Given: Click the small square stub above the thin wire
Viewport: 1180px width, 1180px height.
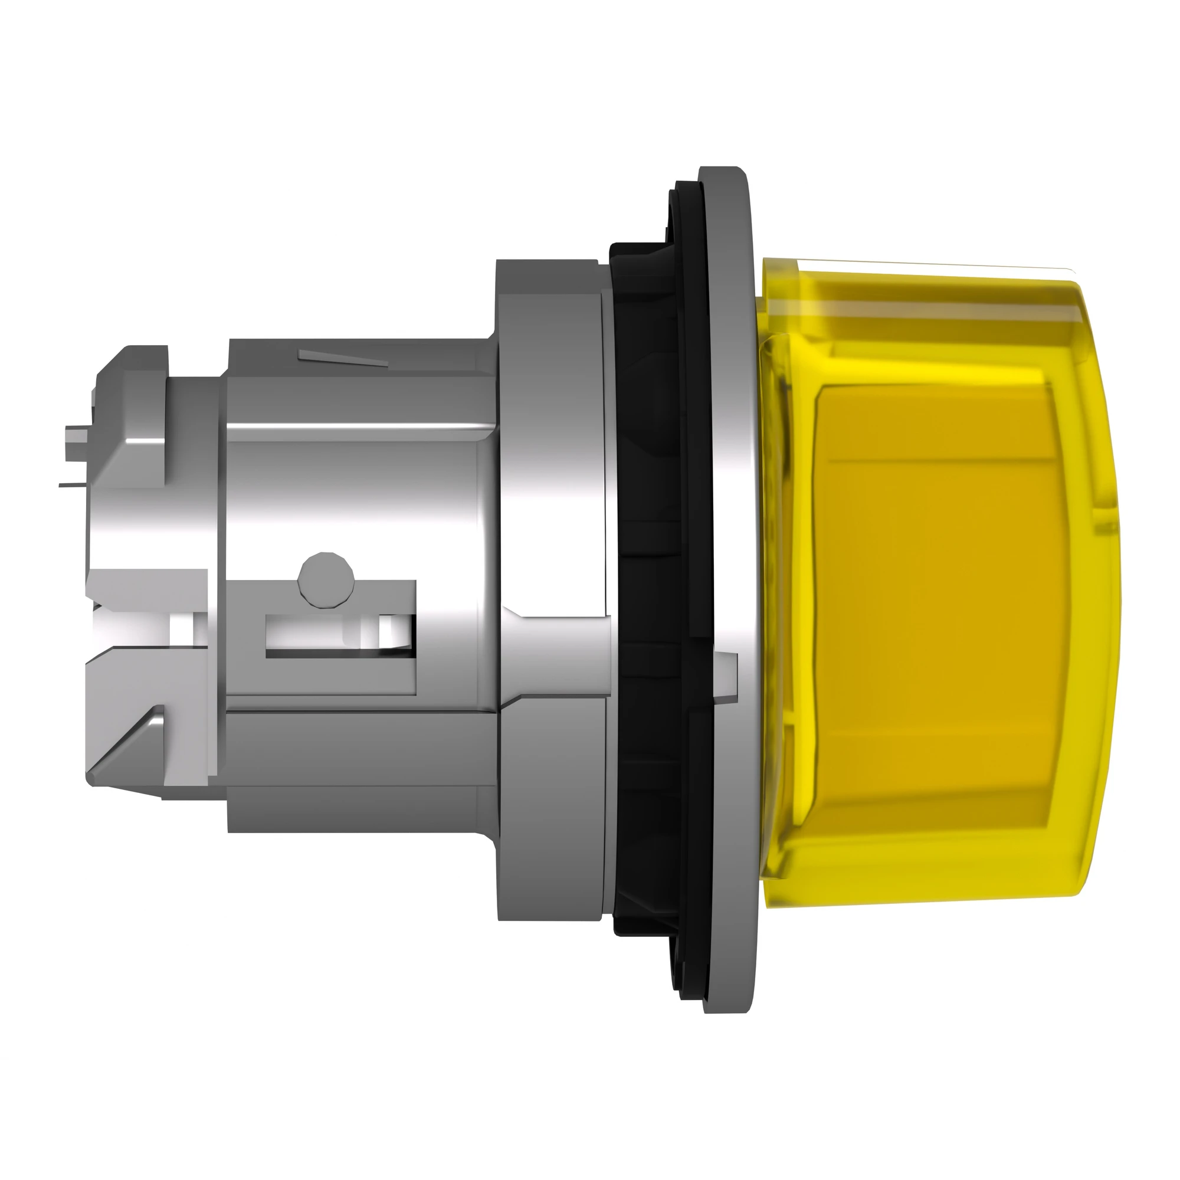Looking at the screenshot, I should [74, 437].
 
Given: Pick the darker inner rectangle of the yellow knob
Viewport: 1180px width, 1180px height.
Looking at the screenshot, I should [935, 586].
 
